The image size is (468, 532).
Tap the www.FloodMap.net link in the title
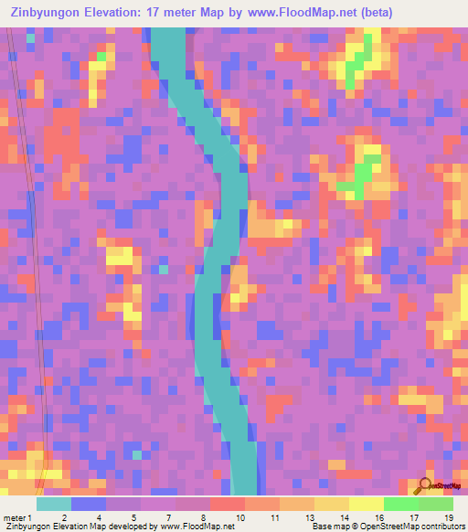[x=299, y=13]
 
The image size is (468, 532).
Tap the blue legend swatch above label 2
[x=88, y=504]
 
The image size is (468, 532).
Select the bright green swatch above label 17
[x=401, y=504]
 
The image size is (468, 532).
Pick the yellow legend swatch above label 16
[x=367, y=504]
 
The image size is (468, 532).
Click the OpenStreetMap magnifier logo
[x=427, y=485]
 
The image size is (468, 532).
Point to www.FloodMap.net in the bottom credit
[x=197, y=527]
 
